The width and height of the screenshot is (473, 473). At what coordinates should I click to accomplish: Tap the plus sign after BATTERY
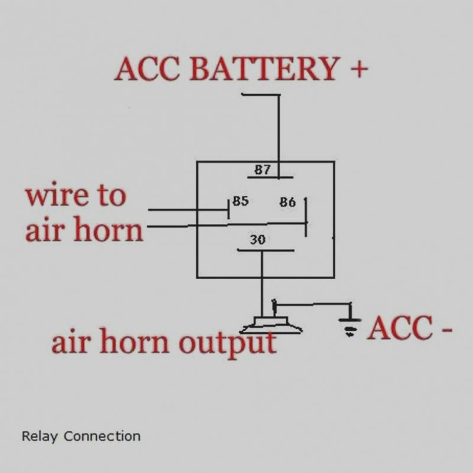click(359, 69)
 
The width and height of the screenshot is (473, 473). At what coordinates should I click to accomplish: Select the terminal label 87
click(263, 170)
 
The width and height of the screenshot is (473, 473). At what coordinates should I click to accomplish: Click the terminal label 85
click(241, 201)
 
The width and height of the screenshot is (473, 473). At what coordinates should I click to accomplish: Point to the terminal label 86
click(287, 202)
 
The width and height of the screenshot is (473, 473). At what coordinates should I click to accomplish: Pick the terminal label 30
click(258, 239)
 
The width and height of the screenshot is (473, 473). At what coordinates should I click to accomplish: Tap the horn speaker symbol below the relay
click(271, 325)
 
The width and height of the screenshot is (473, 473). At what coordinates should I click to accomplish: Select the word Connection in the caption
click(102, 436)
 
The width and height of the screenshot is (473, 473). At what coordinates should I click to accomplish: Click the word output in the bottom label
click(228, 344)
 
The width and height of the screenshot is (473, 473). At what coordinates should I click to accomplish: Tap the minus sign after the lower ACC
click(447, 329)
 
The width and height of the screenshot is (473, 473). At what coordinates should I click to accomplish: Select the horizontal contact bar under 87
click(270, 177)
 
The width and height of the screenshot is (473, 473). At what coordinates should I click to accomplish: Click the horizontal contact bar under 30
click(265, 250)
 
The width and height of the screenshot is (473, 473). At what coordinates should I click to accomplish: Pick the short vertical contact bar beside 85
click(228, 209)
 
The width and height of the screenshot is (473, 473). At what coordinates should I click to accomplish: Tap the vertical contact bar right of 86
click(306, 217)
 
